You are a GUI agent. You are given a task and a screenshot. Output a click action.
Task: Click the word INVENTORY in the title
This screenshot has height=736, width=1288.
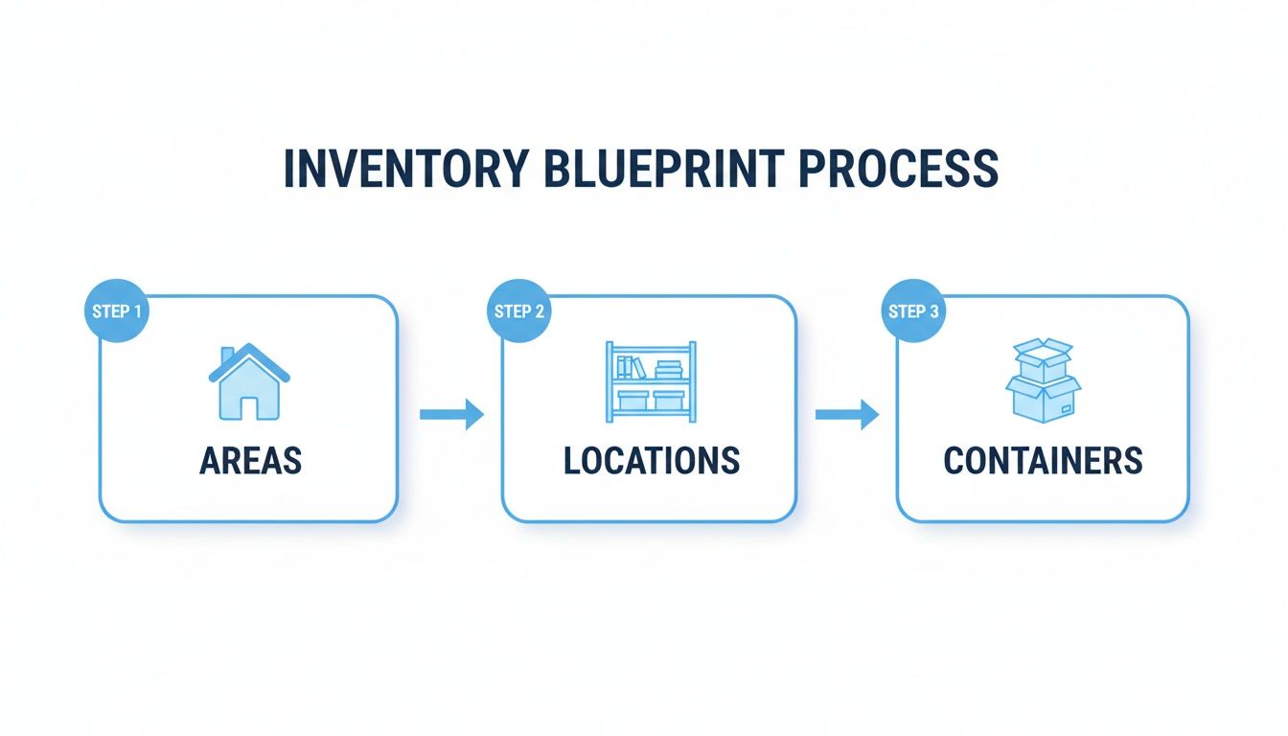tap(404, 169)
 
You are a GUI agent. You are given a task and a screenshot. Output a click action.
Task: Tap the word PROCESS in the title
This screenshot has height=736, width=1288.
tap(898, 169)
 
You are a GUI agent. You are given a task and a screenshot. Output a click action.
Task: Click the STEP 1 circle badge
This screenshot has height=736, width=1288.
tap(117, 311)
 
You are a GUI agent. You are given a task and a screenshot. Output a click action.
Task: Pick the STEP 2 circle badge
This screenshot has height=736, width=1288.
tap(518, 311)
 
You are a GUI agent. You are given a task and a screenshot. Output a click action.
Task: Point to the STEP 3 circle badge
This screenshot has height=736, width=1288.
tap(912, 311)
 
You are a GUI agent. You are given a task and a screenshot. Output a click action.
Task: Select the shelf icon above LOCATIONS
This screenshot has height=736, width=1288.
tap(651, 380)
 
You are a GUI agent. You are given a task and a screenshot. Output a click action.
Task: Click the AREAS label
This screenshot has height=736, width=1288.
tap(250, 461)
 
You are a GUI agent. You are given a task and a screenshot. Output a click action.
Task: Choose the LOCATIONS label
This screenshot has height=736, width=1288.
tap(651, 461)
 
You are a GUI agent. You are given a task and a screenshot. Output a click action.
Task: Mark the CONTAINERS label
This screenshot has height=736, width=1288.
tap(1043, 461)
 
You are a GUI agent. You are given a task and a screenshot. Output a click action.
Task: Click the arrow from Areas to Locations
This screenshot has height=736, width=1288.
tap(451, 415)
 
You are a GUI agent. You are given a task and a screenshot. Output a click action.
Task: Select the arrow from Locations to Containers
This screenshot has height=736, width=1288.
tap(846, 415)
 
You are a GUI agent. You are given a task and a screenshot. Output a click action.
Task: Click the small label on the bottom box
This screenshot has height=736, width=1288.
tap(1066, 409)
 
